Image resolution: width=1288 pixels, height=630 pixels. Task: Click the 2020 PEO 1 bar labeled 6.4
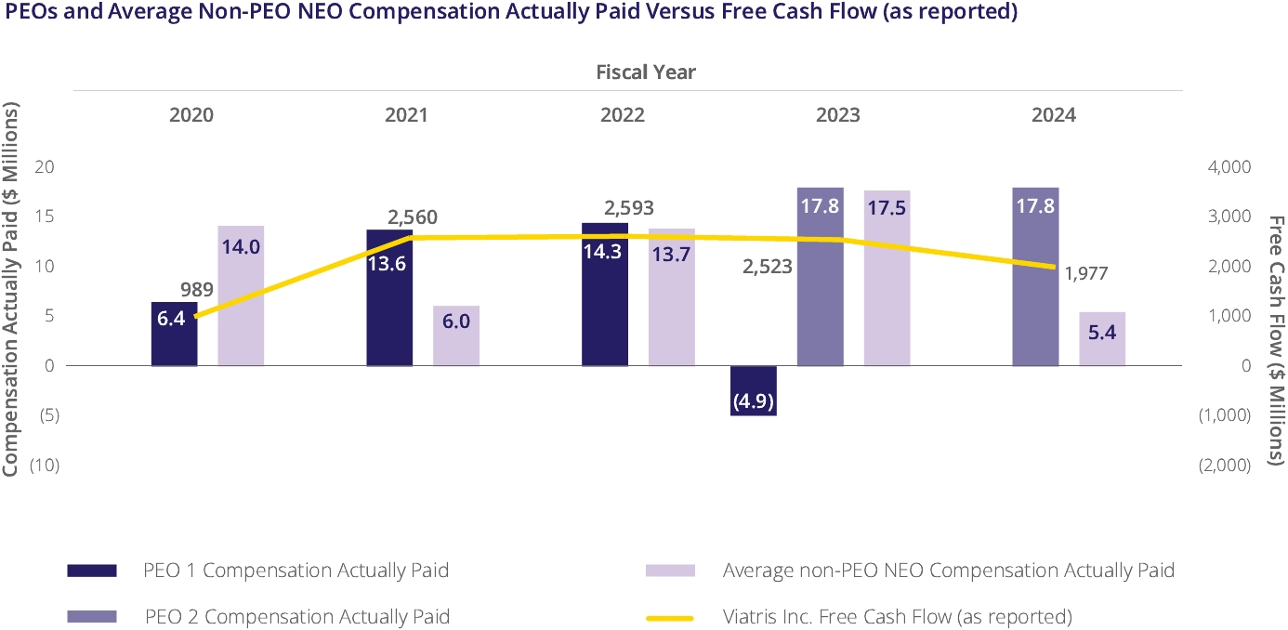pos(174,335)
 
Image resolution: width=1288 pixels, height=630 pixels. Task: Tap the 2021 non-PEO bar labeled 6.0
pos(456,335)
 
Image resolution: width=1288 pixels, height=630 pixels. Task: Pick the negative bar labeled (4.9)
pos(754,390)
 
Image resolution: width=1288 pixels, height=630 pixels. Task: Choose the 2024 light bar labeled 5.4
pos(1102,338)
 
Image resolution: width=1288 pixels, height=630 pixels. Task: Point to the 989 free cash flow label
pos(197,290)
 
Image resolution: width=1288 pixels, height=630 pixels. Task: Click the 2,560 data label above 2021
pos(413,217)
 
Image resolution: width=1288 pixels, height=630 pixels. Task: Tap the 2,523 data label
pos(767,267)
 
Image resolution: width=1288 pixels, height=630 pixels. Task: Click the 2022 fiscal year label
pos(622,115)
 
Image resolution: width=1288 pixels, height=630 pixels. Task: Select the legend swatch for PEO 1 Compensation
pos(92,571)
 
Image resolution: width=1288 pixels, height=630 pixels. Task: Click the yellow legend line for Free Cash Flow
pos(670,617)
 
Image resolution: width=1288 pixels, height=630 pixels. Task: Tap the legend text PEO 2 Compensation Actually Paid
pos(297,617)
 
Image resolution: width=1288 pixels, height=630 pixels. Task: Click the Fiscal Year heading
pos(646,72)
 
